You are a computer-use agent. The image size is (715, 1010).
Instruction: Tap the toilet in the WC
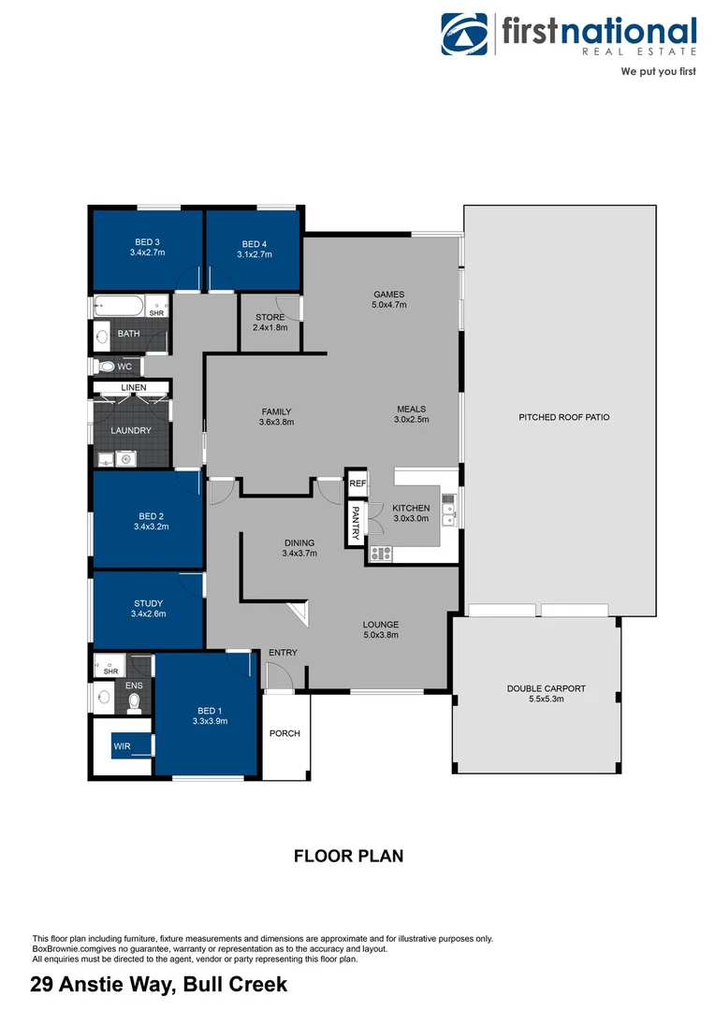pos(105,367)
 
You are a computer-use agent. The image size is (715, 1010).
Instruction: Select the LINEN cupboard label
pos(133,387)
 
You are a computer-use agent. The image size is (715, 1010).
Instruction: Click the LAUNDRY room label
pos(131,430)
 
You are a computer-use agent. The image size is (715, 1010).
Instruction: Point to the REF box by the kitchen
pos(357,483)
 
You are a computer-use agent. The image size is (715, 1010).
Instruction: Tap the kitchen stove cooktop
pos(381,553)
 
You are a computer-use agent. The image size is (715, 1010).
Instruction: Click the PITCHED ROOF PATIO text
pos(563,417)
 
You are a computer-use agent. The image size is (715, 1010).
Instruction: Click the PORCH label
pos(285,733)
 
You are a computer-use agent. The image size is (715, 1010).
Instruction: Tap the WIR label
pos(122,745)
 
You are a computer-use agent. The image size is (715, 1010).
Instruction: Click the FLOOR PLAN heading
pos(349,856)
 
